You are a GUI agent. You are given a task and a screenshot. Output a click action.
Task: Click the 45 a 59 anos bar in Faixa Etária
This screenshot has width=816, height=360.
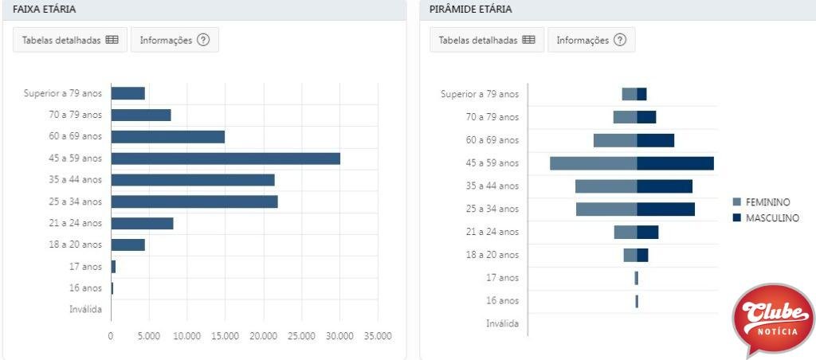226,158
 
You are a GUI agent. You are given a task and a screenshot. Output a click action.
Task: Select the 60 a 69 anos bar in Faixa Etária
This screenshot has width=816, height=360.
167,137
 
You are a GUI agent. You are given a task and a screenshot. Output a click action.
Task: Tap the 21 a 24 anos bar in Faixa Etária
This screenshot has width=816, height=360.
142,223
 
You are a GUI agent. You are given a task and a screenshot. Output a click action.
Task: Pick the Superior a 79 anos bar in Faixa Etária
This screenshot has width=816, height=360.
127,93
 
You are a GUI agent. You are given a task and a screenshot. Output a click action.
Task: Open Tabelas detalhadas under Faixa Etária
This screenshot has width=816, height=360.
69,41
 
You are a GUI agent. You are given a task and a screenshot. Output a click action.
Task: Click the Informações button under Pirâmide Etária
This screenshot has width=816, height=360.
591,41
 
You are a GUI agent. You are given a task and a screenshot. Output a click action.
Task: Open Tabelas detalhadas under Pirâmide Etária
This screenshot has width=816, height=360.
487,41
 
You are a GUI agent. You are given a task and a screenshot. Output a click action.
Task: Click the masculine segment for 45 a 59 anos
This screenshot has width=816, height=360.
675,163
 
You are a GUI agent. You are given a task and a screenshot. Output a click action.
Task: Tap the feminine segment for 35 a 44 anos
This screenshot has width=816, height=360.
606,186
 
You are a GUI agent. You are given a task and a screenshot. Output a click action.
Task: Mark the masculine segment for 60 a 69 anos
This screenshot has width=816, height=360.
655,140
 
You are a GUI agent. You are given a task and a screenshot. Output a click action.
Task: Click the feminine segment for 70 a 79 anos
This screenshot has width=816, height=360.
625,117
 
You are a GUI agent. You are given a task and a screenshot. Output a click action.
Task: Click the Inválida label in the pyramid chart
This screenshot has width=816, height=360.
502,324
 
